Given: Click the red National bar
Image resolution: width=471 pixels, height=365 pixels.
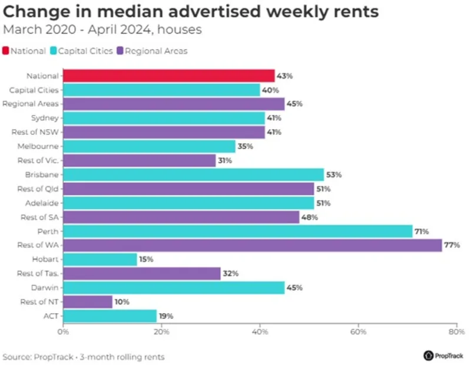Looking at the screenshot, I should pos(168,75).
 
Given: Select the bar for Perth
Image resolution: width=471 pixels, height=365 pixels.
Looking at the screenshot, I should pos(237,231).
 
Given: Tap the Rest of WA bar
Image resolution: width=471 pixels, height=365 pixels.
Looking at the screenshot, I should pos(252,245).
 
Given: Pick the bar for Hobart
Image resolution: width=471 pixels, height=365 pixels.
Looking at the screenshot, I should pos(99,259).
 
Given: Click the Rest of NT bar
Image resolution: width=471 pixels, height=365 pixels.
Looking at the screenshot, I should pos(87,302).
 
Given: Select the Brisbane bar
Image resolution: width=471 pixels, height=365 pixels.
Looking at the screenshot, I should pos(193,175).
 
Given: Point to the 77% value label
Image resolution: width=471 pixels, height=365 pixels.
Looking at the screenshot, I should pos(452,245).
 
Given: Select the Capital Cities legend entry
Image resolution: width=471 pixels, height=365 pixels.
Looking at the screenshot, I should pos(82,51).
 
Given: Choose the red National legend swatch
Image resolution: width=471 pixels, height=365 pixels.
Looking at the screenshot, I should pos(6,51).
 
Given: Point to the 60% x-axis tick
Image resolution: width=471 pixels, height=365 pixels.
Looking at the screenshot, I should pos(358,332).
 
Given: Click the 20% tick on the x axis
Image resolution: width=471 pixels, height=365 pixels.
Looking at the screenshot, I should pos(161,332).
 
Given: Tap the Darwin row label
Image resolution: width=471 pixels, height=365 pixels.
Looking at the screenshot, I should pos(46,288).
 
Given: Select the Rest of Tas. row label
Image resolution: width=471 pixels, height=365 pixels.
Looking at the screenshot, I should pos(39,274).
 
